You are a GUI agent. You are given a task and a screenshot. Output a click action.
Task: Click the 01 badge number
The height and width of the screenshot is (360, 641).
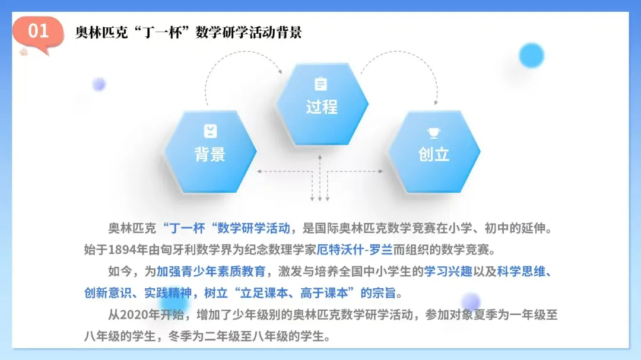click(x=39, y=31)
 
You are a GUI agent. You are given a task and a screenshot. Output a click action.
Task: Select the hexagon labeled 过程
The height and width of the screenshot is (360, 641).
click(x=322, y=101)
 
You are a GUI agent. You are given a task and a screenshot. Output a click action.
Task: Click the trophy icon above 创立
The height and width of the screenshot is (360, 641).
click(x=434, y=133)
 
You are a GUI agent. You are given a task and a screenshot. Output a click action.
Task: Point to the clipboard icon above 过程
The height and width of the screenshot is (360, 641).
click(x=321, y=84)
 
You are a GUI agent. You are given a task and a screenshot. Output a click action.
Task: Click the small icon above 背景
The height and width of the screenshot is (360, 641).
click(x=210, y=131)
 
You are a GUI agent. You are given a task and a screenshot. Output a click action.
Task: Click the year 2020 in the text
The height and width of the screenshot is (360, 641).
click(x=134, y=314)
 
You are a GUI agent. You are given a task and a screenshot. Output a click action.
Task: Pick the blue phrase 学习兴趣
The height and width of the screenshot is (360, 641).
click(x=448, y=271)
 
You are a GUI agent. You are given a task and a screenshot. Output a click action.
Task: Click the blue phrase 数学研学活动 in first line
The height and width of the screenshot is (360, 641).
click(x=255, y=228)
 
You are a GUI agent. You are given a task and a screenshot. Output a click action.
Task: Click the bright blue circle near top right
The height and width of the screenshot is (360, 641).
click(x=531, y=55)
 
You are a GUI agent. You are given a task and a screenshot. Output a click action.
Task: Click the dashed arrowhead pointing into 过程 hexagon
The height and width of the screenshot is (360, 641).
click(x=280, y=71)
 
